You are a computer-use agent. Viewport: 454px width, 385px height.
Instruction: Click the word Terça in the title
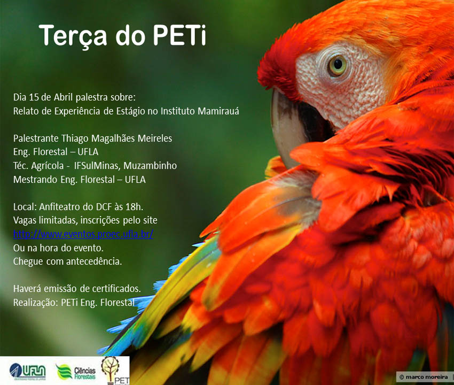73,36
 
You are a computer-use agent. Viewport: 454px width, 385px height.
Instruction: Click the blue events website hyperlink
83,234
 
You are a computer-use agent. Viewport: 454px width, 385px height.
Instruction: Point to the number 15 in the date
34,97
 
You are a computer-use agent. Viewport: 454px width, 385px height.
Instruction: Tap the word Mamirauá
218,111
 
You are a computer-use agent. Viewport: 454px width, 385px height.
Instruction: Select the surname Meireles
154,138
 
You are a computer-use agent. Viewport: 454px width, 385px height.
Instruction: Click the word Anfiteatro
60,207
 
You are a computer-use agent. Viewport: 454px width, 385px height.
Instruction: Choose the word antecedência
94,261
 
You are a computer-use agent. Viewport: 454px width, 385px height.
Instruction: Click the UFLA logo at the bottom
27,372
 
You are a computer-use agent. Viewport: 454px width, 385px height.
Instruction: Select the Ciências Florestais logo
75,372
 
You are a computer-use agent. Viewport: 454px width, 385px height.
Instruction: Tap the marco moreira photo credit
424,377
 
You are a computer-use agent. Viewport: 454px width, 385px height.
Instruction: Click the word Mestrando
35,180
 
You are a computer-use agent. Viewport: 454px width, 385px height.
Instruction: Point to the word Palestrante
36,138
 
